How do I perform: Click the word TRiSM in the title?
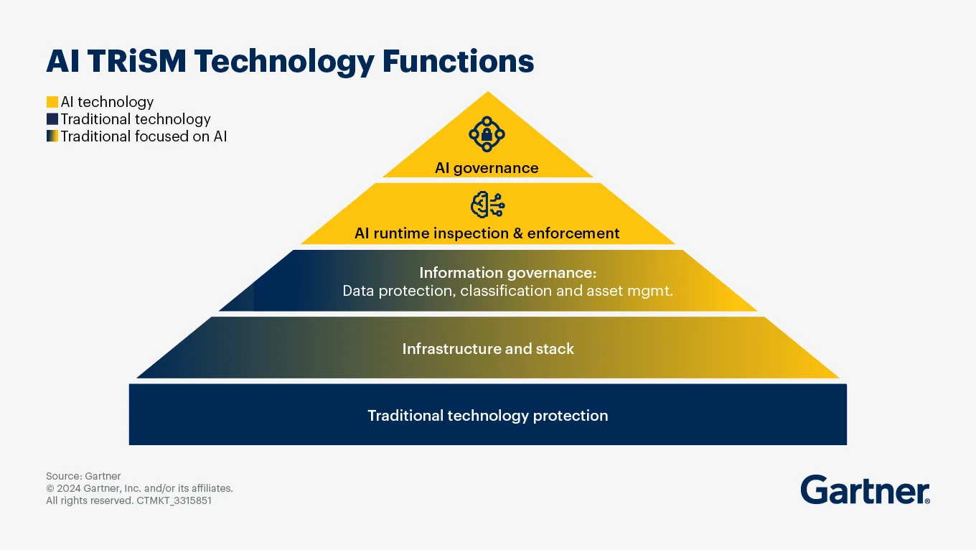(137, 61)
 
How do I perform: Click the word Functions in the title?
(458, 61)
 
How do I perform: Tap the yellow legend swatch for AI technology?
(52, 102)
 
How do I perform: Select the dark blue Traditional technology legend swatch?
(52, 119)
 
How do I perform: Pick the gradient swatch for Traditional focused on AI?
(52, 136)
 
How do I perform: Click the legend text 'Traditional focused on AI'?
(144, 136)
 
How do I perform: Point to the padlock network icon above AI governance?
(487, 134)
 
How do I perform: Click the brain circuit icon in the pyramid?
(487, 205)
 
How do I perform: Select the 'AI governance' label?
(487, 168)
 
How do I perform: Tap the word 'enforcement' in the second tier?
(573, 233)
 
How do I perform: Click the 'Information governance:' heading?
(507, 273)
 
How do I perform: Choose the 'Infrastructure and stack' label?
(488, 349)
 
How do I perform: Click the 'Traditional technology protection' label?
(488, 416)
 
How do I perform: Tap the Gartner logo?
(865, 490)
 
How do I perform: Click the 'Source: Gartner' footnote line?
(83, 476)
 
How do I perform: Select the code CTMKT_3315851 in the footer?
(174, 500)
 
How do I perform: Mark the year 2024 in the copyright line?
(69, 488)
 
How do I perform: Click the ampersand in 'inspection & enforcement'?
(518, 233)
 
